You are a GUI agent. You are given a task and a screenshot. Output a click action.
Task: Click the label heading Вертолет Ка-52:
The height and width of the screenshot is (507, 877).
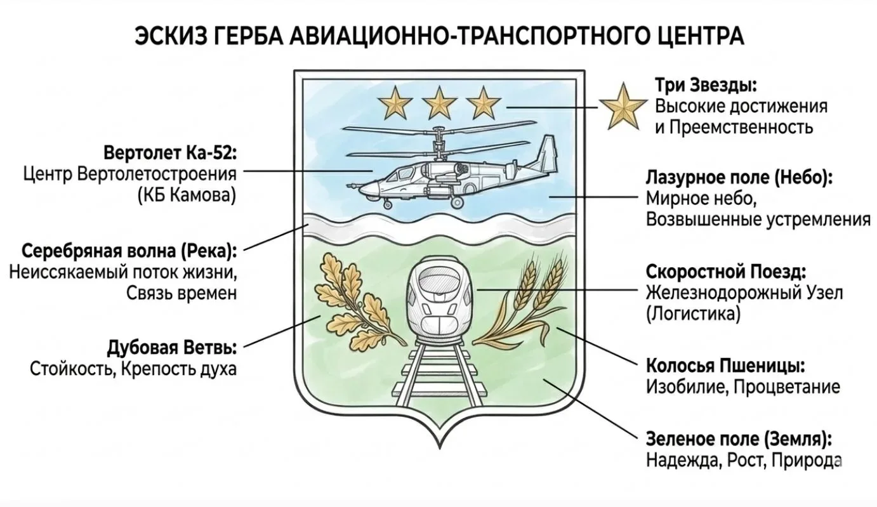click(x=169, y=154)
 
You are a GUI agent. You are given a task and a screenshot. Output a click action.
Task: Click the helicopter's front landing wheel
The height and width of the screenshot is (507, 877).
click(x=387, y=204)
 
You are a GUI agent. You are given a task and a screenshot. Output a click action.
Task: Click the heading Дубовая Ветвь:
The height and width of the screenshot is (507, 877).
click(x=172, y=348)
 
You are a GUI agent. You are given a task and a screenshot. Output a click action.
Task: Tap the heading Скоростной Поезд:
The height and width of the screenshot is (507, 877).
click(x=726, y=272)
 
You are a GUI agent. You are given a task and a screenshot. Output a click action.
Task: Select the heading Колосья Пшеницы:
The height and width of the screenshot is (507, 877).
click(x=726, y=366)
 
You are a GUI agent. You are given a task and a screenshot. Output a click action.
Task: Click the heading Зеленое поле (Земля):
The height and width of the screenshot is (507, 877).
click(x=739, y=439)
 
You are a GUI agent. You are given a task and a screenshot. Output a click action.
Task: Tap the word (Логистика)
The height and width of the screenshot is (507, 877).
click(x=693, y=313)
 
